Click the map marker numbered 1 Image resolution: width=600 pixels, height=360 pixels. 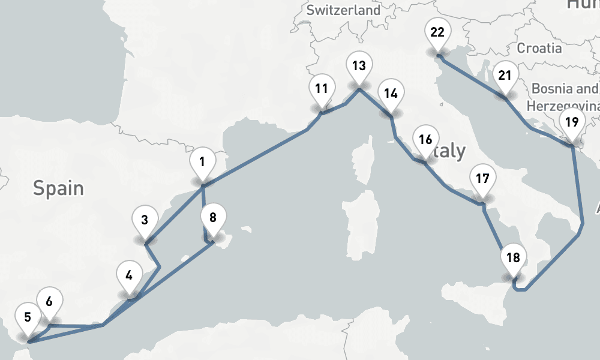(202, 162)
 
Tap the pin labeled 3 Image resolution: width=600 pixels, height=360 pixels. (145, 220)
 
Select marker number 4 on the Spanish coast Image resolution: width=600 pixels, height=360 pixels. (129, 276)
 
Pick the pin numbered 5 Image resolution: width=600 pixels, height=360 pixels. (28, 318)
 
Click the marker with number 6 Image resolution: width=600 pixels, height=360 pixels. (49, 302)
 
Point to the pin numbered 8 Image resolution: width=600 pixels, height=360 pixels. (213, 218)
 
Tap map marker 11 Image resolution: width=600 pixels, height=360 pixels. (322, 90)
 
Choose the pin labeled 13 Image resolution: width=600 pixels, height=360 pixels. (359, 66)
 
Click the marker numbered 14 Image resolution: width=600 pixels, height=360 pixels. (391, 94)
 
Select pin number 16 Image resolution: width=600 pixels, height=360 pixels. (425, 140)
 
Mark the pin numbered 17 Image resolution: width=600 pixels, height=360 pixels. (482, 179)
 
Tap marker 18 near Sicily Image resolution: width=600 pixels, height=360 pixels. (513, 259)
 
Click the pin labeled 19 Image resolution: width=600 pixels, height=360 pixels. (572, 122)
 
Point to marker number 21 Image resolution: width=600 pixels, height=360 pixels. (505, 76)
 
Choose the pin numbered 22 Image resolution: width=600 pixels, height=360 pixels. (437, 32)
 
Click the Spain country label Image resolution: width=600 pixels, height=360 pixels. (58, 188)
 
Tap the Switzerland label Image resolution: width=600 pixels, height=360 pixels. (343, 10)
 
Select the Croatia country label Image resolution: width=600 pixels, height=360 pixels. (539, 48)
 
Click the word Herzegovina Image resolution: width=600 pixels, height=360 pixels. (563, 106)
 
